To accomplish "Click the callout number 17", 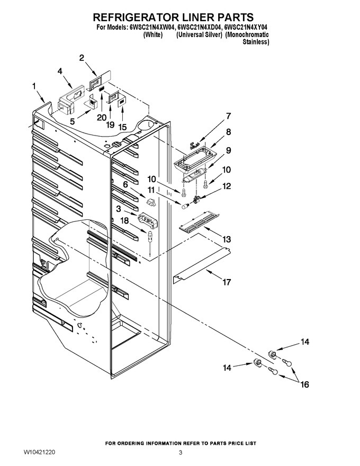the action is tap(227, 282).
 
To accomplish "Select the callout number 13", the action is tap(227, 239).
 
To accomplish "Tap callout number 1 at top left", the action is tap(34, 86).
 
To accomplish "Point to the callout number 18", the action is tap(125, 220).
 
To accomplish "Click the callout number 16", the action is tap(305, 384).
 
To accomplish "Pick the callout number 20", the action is tap(102, 118).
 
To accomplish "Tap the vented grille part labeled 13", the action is tap(199, 221).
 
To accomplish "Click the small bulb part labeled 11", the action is tap(186, 205).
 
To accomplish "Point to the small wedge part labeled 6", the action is tap(151, 202).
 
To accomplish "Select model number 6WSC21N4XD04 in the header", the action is tap(199, 28).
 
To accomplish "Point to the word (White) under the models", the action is tap(153, 35).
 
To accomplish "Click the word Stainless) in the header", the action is tap(256, 42).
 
